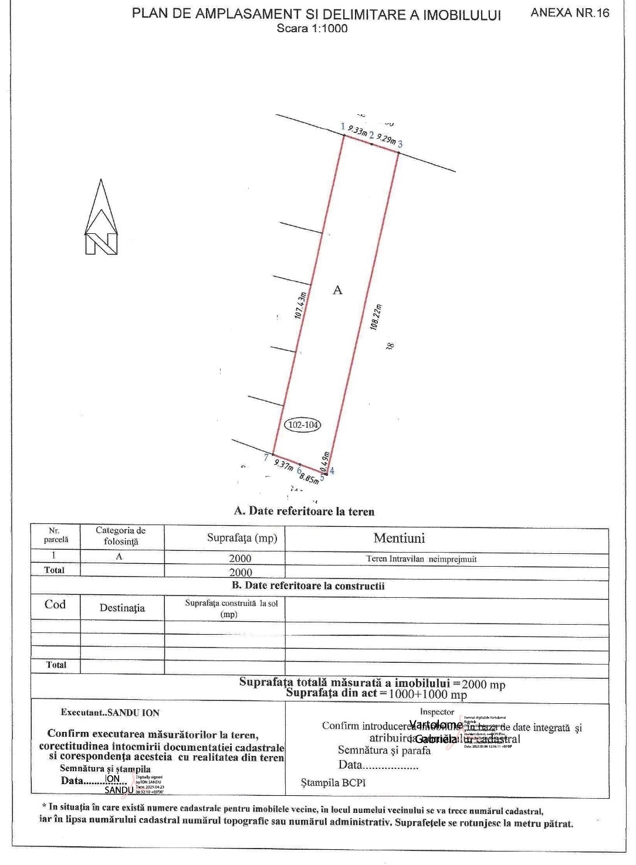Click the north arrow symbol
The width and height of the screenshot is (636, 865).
[x=102, y=218]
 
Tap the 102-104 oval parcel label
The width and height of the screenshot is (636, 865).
[x=303, y=424]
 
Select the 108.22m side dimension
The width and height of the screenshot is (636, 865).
[x=376, y=316]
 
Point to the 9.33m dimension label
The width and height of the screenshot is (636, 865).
[x=357, y=130]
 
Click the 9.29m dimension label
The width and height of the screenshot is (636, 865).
[x=385, y=139]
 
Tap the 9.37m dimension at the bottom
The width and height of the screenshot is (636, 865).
[x=284, y=465]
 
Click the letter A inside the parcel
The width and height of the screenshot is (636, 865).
[x=337, y=290]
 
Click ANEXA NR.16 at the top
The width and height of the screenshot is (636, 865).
[x=570, y=13]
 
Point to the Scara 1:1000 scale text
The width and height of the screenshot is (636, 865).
[x=312, y=28]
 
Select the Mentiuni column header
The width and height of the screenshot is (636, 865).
[x=399, y=538]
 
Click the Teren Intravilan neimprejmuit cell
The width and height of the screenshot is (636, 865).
[x=421, y=559]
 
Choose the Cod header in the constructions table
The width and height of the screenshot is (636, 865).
[x=55, y=604]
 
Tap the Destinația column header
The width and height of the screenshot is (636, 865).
[x=122, y=608]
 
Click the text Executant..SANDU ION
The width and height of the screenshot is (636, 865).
[x=110, y=713]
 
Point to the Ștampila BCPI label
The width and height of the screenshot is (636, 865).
[x=333, y=782]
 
